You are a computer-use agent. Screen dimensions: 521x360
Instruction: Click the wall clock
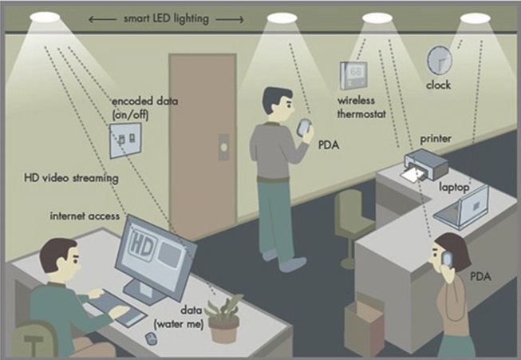pyautogui.click(x=440, y=60)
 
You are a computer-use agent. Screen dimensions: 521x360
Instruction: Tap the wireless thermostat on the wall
pyautogui.click(x=353, y=76)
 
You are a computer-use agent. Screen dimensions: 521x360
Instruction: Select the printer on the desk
pyautogui.click(x=426, y=164)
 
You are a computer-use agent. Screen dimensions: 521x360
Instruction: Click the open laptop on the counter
pyautogui.click(x=462, y=208)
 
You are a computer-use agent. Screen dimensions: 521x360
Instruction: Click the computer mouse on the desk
pyautogui.click(x=151, y=338)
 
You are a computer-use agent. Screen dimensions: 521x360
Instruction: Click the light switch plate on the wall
pyautogui.click(x=125, y=140)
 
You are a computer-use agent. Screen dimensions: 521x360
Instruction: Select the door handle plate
pyautogui.click(x=223, y=147)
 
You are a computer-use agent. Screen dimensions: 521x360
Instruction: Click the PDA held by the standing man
pyautogui.click(x=304, y=127)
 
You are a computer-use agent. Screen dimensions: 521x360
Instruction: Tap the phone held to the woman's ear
pyautogui.click(x=447, y=259)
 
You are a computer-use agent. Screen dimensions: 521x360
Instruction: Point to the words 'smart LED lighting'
pyautogui.click(x=166, y=18)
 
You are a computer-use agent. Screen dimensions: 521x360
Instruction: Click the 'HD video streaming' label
pyautogui.click(x=71, y=178)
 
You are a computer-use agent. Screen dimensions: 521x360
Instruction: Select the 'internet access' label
pyautogui.click(x=85, y=216)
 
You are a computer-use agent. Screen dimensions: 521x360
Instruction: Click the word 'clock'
pyautogui.click(x=439, y=85)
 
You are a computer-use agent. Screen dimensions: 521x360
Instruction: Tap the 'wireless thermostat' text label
pyautogui.click(x=361, y=107)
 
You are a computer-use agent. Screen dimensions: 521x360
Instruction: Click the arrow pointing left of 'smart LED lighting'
pyautogui.click(x=103, y=19)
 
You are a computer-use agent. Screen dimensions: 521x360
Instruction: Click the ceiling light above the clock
pyautogui.click(x=476, y=18)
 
